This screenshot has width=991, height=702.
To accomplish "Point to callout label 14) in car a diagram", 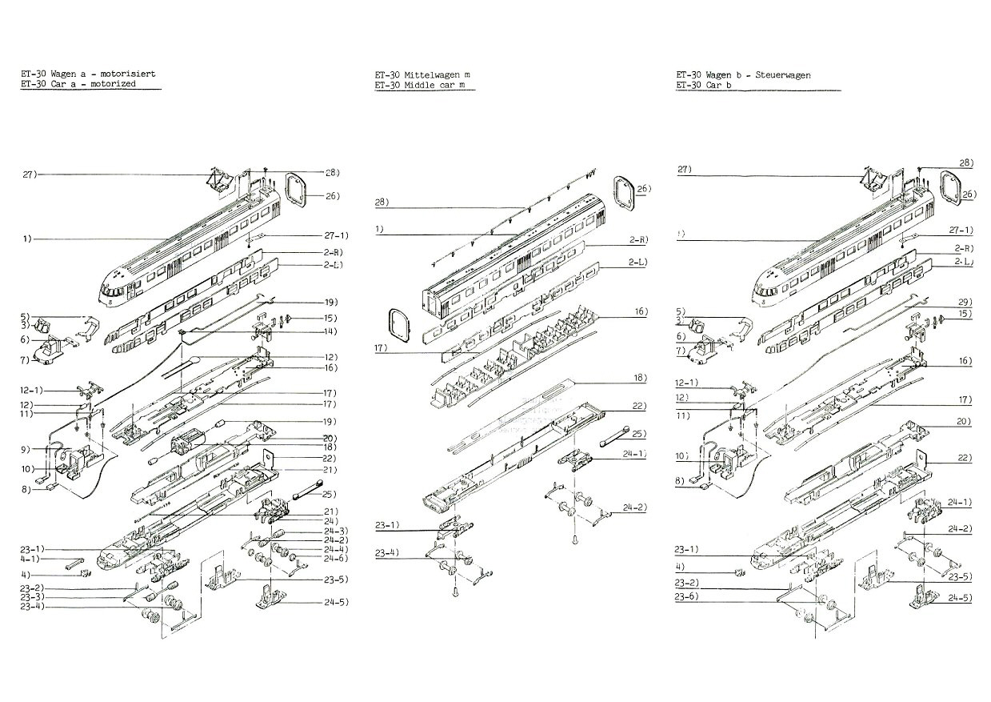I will tap(308, 331).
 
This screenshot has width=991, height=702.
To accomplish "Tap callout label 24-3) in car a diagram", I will tap(314, 532).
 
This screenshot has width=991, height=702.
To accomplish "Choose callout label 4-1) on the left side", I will tap(29, 562).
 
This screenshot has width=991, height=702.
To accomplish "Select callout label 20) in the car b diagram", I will tap(963, 421).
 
